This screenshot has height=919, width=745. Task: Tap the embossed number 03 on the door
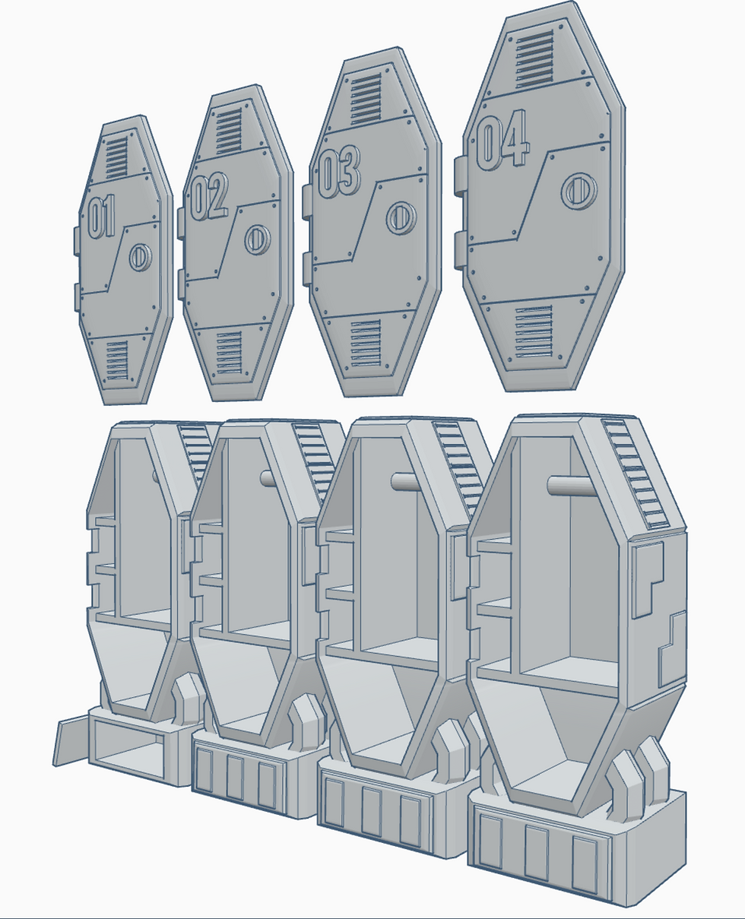click(338, 173)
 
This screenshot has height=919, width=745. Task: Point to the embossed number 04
click(502, 144)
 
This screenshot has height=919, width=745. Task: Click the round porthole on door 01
click(141, 258)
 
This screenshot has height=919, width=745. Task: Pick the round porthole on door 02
click(258, 239)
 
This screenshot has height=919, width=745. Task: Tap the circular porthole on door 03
click(400, 218)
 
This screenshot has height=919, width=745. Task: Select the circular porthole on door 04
click(579, 190)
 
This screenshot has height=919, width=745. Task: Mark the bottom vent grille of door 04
click(534, 331)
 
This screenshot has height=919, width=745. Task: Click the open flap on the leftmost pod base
click(72, 740)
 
